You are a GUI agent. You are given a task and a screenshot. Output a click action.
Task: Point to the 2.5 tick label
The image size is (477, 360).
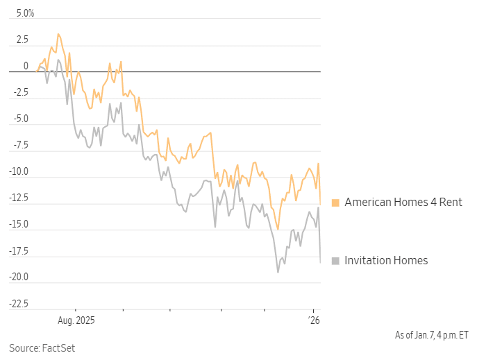click(22, 40)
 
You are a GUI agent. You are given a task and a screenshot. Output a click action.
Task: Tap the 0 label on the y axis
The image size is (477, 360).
click(26, 66)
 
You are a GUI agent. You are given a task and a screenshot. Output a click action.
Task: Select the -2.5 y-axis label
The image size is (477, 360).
click(19, 92)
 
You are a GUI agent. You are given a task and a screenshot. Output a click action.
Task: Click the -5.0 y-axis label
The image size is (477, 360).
click(19, 119)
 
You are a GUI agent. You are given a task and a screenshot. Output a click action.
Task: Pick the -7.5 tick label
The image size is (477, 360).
click(19, 145)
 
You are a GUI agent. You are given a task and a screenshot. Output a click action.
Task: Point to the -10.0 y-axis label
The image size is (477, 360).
click(18, 171)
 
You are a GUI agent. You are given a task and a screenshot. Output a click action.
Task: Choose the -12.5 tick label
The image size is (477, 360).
click(18, 198)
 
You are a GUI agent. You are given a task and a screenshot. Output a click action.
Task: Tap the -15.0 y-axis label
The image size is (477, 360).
click(18, 224)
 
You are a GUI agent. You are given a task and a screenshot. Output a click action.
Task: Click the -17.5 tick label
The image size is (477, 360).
click(18, 250)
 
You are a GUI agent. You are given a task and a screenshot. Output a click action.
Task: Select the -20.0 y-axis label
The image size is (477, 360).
click(18, 277)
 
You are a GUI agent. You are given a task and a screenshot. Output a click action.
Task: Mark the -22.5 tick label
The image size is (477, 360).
click(18, 303)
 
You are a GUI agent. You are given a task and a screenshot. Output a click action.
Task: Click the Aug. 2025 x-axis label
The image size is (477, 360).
click(75, 320)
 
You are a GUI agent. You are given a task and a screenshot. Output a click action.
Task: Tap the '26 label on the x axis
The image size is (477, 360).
click(314, 320)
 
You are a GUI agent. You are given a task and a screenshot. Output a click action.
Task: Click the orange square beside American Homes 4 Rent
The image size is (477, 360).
click(335, 203)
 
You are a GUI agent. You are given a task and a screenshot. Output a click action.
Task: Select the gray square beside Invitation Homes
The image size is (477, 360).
click(335, 261)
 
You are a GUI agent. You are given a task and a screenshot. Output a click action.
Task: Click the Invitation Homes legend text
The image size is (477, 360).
click(386, 261)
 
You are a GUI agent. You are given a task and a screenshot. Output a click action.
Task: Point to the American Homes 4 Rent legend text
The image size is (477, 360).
click(403, 203)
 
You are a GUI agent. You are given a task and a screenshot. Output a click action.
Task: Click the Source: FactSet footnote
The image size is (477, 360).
click(42, 348)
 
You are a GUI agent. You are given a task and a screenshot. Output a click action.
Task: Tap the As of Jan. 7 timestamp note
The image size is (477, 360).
click(431, 334)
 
